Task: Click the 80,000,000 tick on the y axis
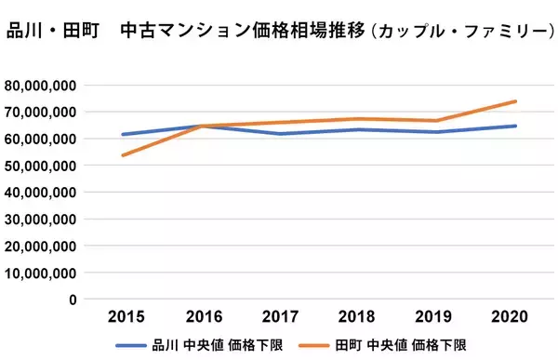[x=39, y=86]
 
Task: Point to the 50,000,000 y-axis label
[x=39, y=166]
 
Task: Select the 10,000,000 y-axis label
[x=39, y=273]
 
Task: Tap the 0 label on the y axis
[x=72, y=300]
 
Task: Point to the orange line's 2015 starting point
[x=122, y=155]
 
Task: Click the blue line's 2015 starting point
[x=122, y=134]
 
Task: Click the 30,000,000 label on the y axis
[x=39, y=220]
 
